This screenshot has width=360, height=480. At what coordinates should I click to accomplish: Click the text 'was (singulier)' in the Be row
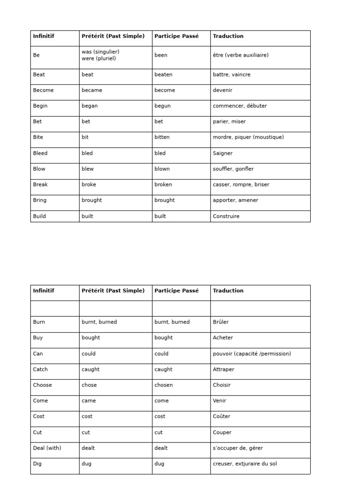click(x=100, y=52)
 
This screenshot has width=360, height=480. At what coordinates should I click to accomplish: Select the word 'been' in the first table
click(x=161, y=55)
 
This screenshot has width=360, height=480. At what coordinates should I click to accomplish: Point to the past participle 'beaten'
click(x=163, y=75)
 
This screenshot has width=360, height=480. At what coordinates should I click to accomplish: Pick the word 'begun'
click(x=162, y=106)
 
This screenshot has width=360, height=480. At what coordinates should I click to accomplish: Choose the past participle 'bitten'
click(x=162, y=137)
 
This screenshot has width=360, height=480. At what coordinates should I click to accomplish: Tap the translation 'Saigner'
click(x=223, y=153)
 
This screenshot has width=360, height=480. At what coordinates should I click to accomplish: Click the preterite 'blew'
click(x=88, y=169)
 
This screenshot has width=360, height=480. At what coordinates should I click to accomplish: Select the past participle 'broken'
click(x=163, y=185)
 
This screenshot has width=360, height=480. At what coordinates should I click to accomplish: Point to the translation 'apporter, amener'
click(x=235, y=200)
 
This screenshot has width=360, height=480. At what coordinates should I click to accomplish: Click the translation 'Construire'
click(x=226, y=217)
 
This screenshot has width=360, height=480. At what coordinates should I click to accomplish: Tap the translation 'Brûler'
click(x=221, y=322)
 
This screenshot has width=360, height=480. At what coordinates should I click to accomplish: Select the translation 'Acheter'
click(x=223, y=337)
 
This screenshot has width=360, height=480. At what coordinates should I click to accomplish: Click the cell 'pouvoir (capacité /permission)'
click(x=252, y=354)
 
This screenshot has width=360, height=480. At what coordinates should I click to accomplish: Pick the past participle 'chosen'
click(x=164, y=385)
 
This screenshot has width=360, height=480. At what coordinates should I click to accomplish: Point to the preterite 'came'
click(x=89, y=401)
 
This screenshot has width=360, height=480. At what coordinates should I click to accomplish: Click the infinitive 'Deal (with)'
click(x=47, y=448)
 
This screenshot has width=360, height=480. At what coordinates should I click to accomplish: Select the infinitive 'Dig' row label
click(x=37, y=464)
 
